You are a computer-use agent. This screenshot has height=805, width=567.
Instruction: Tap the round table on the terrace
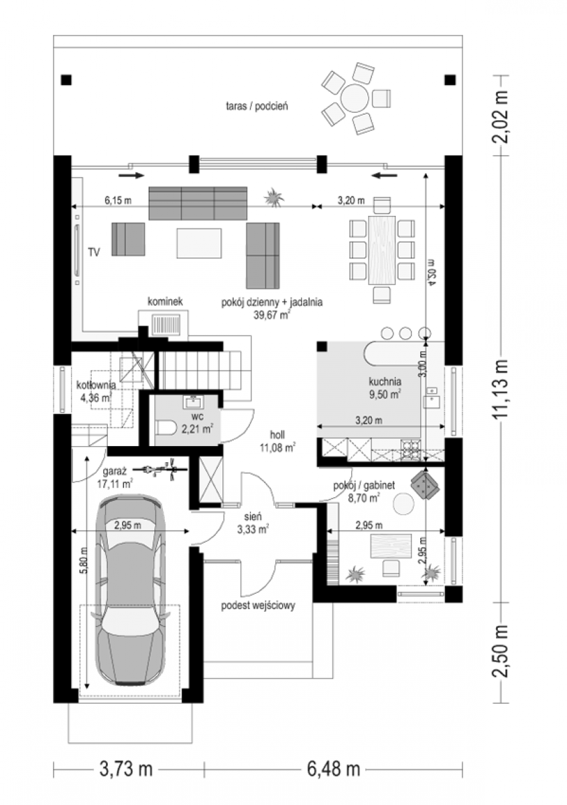pos(355,98)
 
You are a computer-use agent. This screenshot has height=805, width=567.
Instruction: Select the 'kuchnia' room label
pos(385,381)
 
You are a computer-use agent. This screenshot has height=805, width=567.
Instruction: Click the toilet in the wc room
pos(166,428)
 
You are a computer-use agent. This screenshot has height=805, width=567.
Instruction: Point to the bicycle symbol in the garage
pos(160,469)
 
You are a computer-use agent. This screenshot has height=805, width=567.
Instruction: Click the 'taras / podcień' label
pos(257,107)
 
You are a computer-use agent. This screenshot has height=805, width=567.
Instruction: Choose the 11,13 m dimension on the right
pos(501,388)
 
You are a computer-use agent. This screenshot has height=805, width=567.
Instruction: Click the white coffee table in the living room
pos(199,244)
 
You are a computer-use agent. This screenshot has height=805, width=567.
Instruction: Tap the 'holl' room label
pos(277,435)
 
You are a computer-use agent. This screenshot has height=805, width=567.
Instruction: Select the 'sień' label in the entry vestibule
pos(253,517)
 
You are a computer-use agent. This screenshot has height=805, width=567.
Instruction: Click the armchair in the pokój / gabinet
pos(425,486)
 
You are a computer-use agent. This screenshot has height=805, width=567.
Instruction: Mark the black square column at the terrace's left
pos(66,80)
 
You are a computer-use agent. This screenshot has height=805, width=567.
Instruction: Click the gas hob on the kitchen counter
pos(412,450)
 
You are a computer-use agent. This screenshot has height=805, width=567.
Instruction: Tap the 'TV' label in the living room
pos(94,252)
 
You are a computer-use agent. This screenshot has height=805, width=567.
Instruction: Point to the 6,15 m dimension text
pos(118,200)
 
